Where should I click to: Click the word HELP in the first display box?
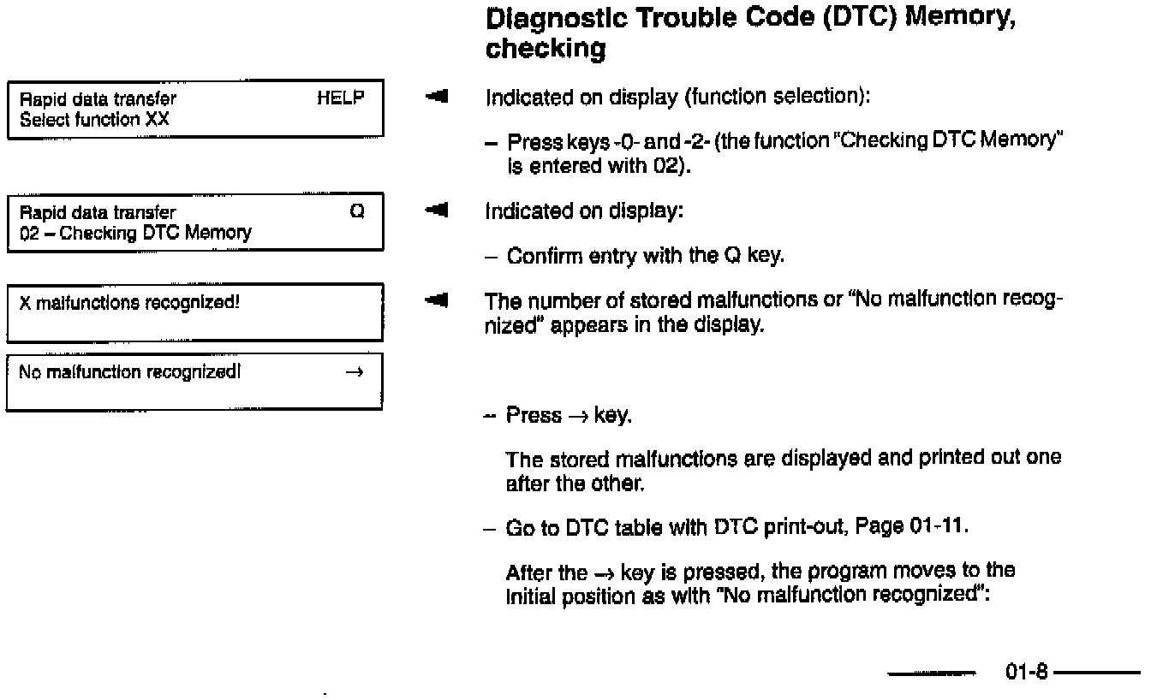coord(340,98)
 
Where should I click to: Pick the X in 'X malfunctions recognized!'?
coord(24,300)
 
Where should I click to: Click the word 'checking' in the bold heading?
coord(546,49)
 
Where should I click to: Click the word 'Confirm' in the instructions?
coord(534,256)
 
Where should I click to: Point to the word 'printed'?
coord(941,458)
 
